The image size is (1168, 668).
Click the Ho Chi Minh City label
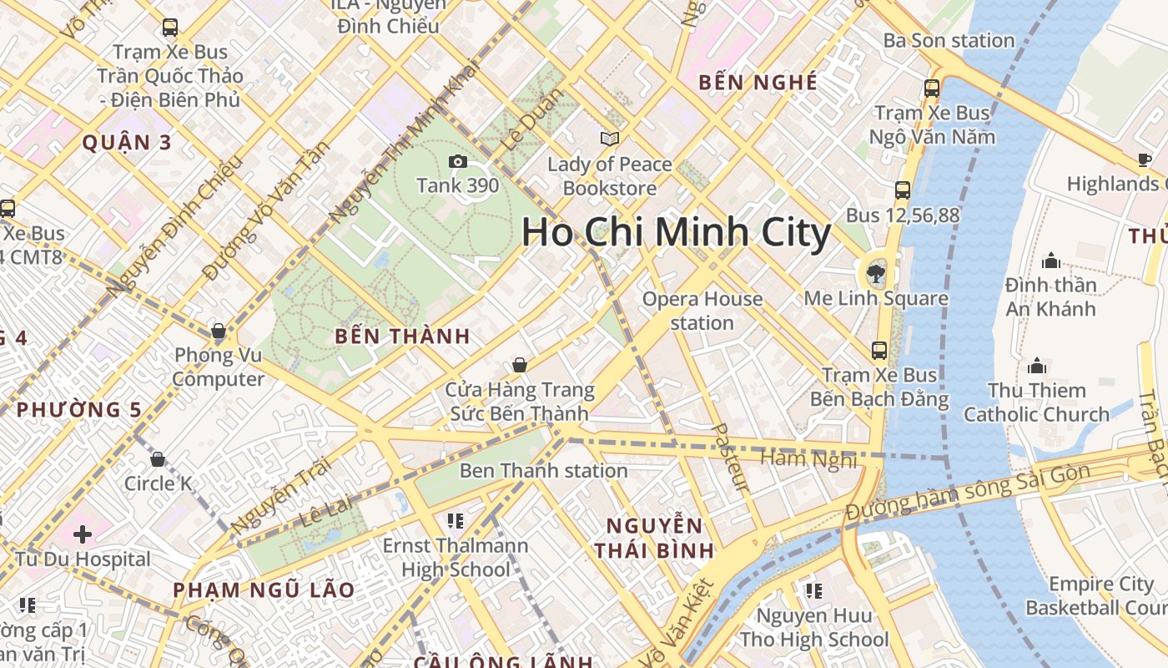click(x=676, y=232)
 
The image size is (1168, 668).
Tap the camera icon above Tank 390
click(x=457, y=162)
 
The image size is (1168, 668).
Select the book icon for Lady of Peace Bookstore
click(x=610, y=139)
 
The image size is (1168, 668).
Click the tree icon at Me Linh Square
click(x=876, y=271)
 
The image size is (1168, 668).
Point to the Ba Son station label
click(x=949, y=40)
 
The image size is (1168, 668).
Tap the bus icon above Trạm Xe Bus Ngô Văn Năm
click(x=932, y=88)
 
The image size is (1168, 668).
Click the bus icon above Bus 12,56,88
click(x=903, y=190)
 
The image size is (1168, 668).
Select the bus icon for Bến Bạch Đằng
click(x=879, y=351)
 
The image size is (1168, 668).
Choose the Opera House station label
click(x=702, y=311)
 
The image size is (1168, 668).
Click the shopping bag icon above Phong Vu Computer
click(x=219, y=331)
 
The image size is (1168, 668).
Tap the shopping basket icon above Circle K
click(x=158, y=459)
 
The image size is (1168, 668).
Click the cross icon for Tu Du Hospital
click(x=82, y=534)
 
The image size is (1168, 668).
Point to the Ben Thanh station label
click(x=543, y=471)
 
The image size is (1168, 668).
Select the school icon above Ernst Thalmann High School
click(x=455, y=521)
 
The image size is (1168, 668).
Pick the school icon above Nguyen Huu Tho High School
click(x=813, y=591)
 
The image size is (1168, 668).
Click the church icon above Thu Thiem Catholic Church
click(x=1037, y=366)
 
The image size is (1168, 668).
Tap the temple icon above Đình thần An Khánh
click(x=1051, y=261)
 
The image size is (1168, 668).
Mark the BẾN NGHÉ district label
click(x=758, y=82)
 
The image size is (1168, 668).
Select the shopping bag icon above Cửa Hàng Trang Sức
click(x=520, y=365)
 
